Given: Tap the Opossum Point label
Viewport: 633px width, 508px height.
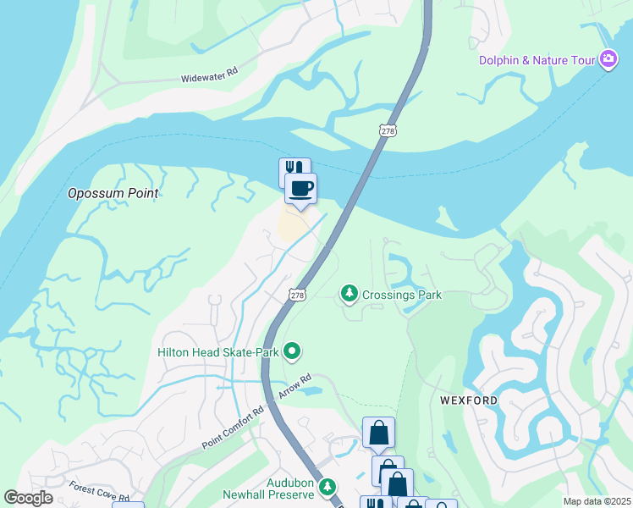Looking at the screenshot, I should coord(113,193).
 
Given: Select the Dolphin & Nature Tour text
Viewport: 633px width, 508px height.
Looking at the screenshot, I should coord(537,60).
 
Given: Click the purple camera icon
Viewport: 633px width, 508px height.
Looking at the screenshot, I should coord(608,59).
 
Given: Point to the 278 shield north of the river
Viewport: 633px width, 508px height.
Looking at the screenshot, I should coord(388,130).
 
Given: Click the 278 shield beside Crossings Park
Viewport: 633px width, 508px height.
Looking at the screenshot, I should coord(296,295).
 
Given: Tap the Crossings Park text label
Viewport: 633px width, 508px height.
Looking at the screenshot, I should coord(402,295).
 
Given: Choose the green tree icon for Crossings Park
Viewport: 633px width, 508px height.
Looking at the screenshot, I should coord(348,294).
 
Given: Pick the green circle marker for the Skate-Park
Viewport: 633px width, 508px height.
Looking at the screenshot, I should coord(292,350).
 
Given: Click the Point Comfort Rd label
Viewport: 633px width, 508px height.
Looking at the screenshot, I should coord(233,428).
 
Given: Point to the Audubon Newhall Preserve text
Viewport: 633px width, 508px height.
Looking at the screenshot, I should coord(268,488).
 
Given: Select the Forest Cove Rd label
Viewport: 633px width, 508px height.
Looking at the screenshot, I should coord(100,493).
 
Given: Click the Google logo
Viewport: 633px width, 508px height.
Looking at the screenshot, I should coord(29,498).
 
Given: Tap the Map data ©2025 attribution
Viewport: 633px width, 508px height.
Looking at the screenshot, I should coord(596,501).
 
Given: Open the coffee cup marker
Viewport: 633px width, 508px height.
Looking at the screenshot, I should coord(300,188).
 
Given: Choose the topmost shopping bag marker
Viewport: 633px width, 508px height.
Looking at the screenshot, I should coord(378,433).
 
